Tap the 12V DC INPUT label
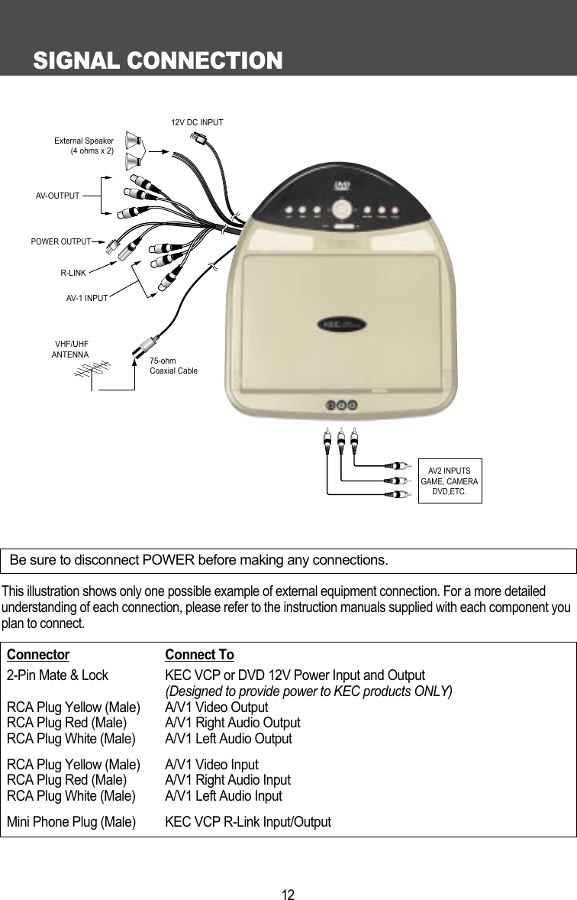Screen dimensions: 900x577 (x=197, y=121)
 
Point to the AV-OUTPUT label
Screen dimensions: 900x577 (x=58, y=196)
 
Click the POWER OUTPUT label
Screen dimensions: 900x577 (x=60, y=242)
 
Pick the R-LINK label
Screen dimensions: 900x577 (x=73, y=271)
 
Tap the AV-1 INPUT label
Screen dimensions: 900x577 (x=86, y=298)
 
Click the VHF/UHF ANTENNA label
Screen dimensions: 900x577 (x=70, y=350)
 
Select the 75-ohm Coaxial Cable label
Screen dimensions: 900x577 (x=173, y=365)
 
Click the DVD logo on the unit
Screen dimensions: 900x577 (x=341, y=184)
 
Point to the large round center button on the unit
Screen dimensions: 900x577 (x=342, y=208)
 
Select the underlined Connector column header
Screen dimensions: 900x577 (x=38, y=656)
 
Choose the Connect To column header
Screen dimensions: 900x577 (x=199, y=656)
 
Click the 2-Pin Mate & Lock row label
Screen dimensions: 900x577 (x=57, y=676)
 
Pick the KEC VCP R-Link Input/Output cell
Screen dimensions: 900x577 (x=248, y=822)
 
